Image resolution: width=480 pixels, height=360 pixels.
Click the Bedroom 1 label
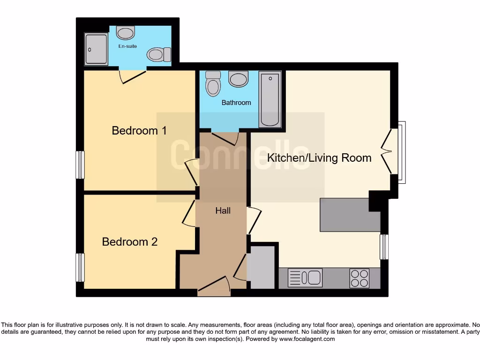(x=139, y=130)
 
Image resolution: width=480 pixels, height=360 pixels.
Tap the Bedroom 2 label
(x=129, y=242)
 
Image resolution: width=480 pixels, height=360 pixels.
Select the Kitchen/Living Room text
(x=319, y=158)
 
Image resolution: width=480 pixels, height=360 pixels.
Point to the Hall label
(x=223, y=211)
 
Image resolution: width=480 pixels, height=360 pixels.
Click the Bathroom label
(x=236, y=103)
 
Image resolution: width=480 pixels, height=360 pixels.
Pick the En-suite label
(x=127, y=46)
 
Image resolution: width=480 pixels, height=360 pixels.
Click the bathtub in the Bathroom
(x=270, y=99)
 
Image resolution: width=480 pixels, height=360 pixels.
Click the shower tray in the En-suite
(x=97, y=49)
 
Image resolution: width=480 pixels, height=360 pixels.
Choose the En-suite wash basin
(x=126, y=32)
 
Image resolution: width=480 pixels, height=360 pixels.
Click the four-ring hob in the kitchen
(x=359, y=278)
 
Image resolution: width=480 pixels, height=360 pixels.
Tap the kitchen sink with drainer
(x=305, y=277)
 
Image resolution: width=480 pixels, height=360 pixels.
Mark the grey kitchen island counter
(x=349, y=215)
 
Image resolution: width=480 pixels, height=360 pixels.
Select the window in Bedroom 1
(x=81, y=165)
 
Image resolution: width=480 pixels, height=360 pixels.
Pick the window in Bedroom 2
(x=81, y=267)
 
